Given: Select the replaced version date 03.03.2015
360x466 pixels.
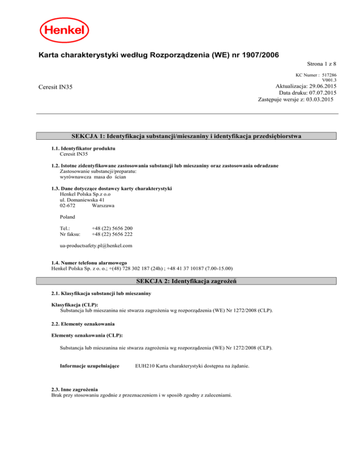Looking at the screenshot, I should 317,100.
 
